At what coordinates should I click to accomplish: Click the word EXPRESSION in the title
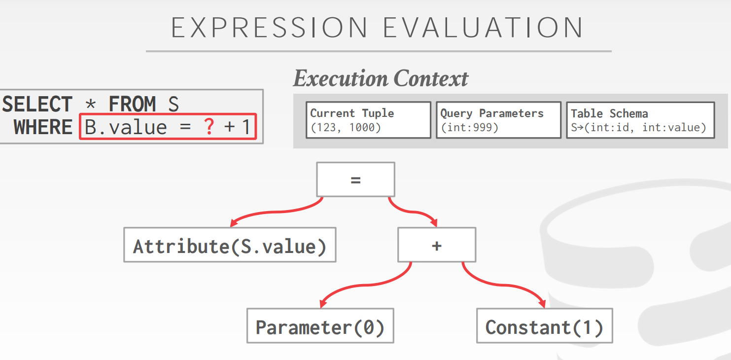(269, 28)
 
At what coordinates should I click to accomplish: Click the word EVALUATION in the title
(483, 28)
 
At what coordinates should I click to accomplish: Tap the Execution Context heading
(381, 79)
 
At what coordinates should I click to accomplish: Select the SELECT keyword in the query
(37, 104)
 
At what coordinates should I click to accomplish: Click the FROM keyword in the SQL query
(132, 104)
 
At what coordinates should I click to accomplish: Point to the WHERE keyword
(43, 127)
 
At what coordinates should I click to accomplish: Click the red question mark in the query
(209, 127)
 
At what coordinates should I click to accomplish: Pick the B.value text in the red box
(126, 127)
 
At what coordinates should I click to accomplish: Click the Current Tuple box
(368, 120)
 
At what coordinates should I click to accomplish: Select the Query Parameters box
(499, 120)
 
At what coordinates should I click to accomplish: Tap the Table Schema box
(640, 120)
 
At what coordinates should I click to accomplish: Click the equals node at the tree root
(356, 180)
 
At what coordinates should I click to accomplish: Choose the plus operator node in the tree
(437, 245)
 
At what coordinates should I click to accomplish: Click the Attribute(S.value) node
(230, 245)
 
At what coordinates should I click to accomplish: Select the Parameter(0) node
(320, 326)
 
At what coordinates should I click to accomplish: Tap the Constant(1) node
(545, 326)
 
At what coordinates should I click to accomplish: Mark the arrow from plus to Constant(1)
(503, 285)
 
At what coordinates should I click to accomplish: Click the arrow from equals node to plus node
(413, 212)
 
